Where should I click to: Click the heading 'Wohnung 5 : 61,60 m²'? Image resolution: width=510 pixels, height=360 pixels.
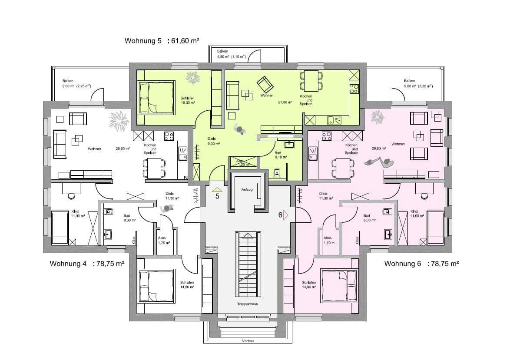click(162, 41)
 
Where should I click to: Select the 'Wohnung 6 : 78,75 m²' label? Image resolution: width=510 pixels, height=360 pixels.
click(421, 264)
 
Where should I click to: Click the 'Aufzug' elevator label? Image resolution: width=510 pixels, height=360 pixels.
click(246, 190)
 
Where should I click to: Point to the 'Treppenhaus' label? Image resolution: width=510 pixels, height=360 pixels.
click(248, 304)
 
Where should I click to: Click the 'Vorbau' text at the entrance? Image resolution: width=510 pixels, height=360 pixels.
click(248, 341)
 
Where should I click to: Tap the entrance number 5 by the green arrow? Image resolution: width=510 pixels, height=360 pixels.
click(217, 196)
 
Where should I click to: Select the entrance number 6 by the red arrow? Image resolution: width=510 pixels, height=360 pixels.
click(281, 215)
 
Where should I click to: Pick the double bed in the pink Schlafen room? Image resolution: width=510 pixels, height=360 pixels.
click(339, 285)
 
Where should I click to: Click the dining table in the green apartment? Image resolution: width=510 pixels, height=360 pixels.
click(311, 80)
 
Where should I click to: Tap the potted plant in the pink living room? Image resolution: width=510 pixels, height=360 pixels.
click(377, 117)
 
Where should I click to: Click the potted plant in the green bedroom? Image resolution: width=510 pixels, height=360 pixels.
click(192, 77)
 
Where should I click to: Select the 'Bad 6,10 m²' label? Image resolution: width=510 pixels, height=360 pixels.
click(278, 155)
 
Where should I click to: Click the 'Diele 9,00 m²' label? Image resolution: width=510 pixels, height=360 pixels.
click(213, 141)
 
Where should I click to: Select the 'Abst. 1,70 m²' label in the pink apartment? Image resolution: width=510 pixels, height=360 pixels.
click(328, 240)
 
